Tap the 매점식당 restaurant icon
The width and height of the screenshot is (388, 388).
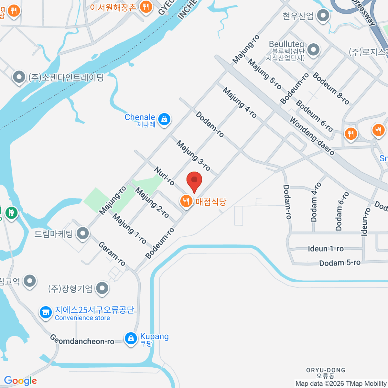click(x=186, y=201)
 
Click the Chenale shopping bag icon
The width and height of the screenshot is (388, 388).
click(x=165, y=119)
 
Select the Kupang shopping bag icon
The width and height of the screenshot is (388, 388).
click(x=131, y=338)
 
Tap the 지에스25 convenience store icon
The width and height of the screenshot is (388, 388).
click(x=46, y=312)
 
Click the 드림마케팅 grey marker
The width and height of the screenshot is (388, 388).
click(x=83, y=233)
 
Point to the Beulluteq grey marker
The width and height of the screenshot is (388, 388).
click(x=313, y=50)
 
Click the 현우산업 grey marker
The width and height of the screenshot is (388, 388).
click(x=323, y=15)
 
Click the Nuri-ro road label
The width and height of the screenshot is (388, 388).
click(x=164, y=176)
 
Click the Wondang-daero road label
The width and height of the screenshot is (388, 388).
click(x=312, y=136)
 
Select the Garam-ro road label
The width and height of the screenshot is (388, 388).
click(x=112, y=254)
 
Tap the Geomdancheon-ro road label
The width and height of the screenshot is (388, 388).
click(x=82, y=340)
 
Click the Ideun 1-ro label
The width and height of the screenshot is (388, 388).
click(x=326, y=249)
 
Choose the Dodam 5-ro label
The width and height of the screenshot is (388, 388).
click(x=339, y=263)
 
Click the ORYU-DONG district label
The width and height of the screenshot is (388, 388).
click(x=326, y=370)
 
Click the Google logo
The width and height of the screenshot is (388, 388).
click(x=20, y=381)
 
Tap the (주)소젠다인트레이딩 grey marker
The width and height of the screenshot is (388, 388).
click(x=19, y=77)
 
